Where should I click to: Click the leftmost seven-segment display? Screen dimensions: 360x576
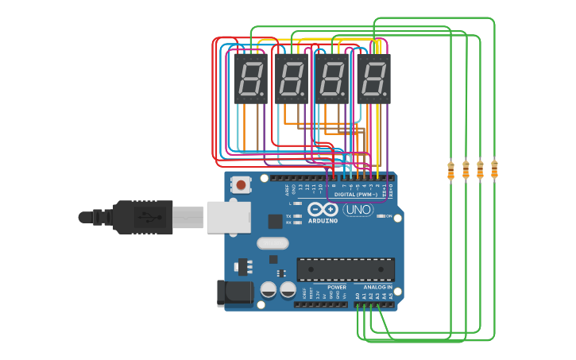click(250, 78)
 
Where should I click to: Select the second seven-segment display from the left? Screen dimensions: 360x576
click(292, 78)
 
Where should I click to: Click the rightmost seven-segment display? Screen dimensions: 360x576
click(373, 78)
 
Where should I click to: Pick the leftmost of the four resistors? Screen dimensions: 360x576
click(450, 170)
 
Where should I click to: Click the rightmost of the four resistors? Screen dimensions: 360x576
click(494, 168)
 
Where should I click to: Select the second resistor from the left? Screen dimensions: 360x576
click(466, 169)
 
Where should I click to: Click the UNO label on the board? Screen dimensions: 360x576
click(358, 210)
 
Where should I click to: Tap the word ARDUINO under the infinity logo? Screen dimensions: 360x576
click(322, 220)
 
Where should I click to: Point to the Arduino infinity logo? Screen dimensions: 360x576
click(323, 209)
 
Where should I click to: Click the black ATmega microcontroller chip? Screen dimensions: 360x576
click(346, 269)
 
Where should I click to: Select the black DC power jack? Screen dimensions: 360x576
click(234, 292)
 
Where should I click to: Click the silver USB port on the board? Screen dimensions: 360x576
click(228, 217)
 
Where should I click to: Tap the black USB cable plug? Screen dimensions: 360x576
click(143, 217)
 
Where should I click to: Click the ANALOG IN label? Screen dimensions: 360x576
click(378, 287)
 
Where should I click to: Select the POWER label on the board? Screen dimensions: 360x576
click(337, 287)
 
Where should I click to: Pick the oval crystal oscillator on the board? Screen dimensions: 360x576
click(273, 243)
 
